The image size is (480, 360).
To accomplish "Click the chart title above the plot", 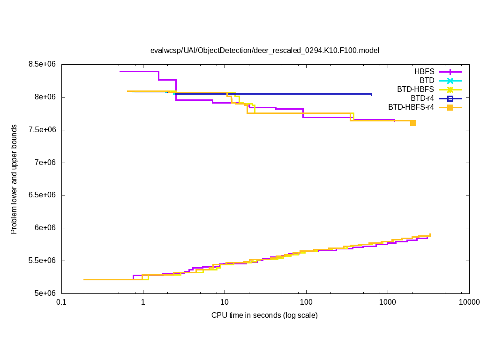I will click(264, 50).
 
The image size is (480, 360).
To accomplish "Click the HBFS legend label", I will click(424, 72).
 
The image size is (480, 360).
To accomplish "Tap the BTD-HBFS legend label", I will click(416, 90).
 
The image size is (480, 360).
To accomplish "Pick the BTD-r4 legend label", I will click(422, 98).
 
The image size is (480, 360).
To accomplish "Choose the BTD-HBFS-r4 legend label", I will click(411, 107).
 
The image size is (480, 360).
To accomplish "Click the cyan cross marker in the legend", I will click(450, 81).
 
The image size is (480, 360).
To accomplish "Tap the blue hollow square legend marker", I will click(450, 98).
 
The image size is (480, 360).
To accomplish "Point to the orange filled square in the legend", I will click(450, 107).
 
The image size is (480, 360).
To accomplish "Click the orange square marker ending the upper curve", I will click(413, 123).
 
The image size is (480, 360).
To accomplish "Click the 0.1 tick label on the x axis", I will click(61, 302).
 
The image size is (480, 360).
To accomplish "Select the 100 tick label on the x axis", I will click(306, 302).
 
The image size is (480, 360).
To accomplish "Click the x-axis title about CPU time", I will click(264, 315).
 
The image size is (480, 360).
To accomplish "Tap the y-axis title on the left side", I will click(14, 179).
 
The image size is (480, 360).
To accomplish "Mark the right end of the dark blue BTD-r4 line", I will click(371, 94).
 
